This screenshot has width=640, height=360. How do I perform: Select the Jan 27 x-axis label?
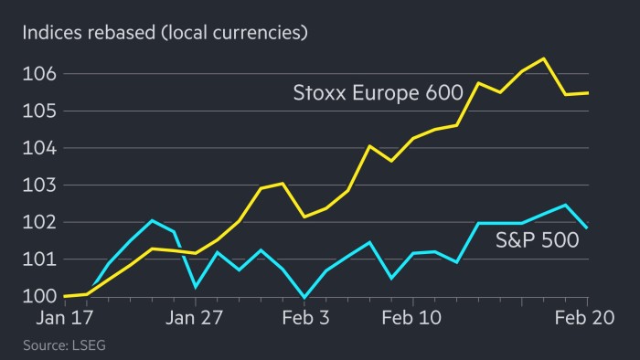195,319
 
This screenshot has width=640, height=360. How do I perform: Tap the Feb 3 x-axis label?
304,319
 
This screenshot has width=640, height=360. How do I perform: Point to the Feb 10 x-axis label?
412,319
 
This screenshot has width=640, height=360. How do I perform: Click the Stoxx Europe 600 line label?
370,92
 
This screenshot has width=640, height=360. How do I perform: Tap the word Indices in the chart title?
51,34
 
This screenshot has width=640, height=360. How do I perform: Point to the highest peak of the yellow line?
544,58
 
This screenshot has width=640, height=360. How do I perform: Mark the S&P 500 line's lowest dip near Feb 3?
304,297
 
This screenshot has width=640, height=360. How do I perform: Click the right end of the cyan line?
586,228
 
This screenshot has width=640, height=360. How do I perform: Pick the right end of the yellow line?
586,93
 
